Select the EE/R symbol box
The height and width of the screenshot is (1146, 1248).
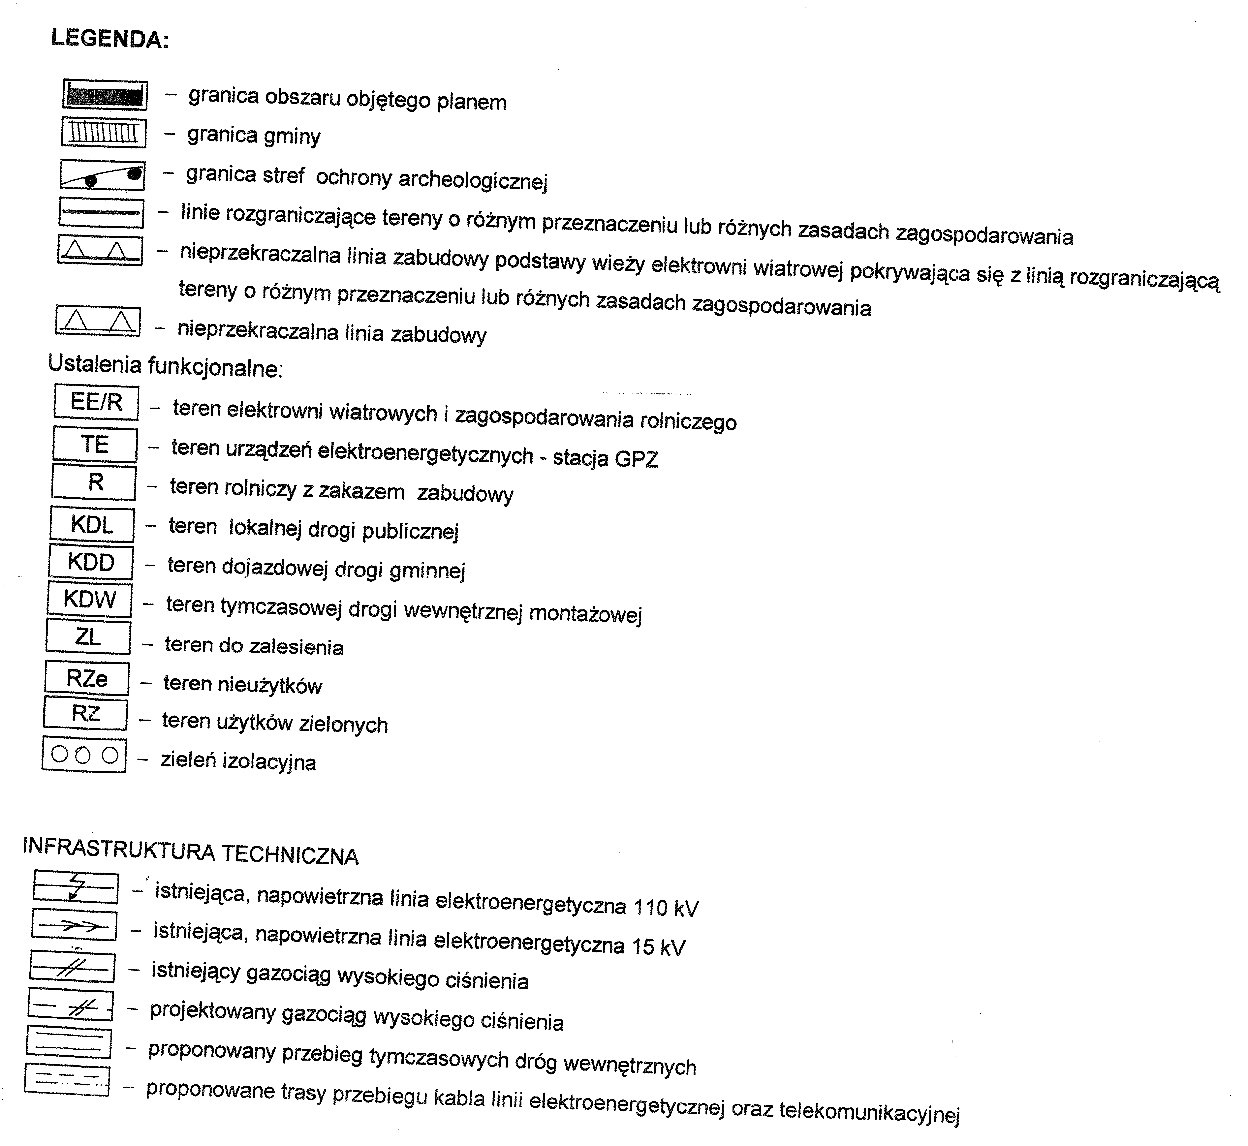[96, 402]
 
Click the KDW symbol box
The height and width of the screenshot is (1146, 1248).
[89, 600]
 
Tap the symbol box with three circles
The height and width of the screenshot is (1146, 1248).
[84, 755]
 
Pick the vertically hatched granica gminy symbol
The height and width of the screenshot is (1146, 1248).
[104, 133]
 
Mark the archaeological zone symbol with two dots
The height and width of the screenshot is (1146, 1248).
[102, 175]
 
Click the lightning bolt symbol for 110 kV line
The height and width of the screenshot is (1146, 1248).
[76, 887]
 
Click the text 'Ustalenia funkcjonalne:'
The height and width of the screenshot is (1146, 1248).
[165, 366]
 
